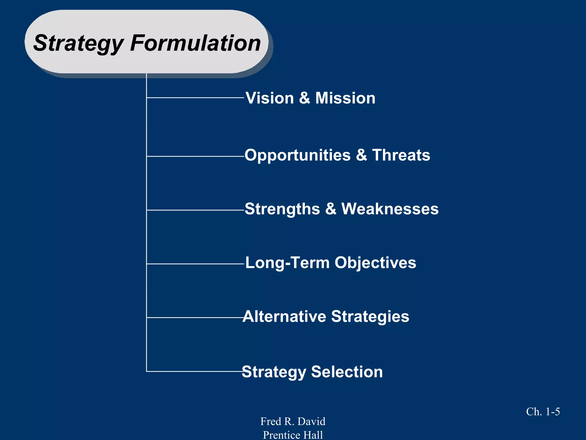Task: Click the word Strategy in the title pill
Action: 78,43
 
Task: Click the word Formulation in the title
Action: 195,43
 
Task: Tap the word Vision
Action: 270,98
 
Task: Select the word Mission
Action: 345,98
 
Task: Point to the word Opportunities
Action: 298,155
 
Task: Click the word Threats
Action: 401,155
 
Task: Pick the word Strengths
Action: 282,209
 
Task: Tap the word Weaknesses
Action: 390,209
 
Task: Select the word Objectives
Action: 375,263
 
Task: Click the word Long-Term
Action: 287,263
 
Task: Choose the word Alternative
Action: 284,317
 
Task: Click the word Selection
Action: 347,372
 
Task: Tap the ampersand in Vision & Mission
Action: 304,98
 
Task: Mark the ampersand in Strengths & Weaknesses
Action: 330,209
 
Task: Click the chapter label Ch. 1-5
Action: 543,412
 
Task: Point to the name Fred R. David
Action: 293,421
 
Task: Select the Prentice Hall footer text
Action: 293,435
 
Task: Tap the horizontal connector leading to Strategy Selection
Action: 195,371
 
